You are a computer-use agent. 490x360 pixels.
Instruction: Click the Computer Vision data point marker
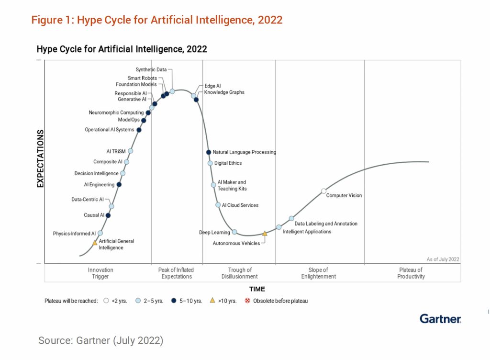(323, 191)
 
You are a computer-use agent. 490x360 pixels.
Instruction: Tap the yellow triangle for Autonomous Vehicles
(265, 234)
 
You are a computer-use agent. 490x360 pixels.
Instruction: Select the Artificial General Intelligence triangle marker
(95, 243)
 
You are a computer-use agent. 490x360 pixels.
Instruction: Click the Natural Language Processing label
(244, 152)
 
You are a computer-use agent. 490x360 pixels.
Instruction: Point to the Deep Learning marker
(234, 232)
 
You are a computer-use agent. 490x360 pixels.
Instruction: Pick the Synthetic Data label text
(151, 69)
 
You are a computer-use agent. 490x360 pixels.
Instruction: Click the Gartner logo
(440, 318)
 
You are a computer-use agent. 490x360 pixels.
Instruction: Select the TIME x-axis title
(257, 289)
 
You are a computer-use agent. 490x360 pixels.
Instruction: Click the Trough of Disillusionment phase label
(240, 273)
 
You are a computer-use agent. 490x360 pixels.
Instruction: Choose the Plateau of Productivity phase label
(411, 273)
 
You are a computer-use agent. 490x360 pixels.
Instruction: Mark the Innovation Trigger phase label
(100, 273)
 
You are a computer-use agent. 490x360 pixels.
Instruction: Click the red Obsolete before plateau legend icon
(247, 301)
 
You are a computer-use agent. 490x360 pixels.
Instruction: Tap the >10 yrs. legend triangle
(212, 301)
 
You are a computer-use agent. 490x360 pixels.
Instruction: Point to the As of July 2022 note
(443, 259)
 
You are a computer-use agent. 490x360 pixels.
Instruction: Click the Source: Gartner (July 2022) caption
(100, 340)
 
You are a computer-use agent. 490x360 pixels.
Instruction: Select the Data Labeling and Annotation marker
(291, 218)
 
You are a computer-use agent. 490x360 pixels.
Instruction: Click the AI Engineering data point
(119, 184)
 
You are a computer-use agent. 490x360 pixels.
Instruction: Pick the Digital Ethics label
(228, 163)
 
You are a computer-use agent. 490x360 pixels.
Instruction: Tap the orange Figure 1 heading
(157, 20)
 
